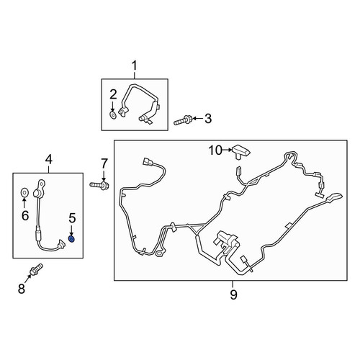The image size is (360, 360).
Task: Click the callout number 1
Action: point(135,66)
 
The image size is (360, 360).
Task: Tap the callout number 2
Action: point(113,94)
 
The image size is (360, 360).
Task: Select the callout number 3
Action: point(208,119)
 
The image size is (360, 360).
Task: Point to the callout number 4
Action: point(49,160)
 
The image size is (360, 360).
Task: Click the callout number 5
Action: point(72,218)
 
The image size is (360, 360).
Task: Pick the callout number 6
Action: point(25,215)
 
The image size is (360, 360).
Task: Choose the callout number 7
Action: point(104,164)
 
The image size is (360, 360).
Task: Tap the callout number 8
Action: point(22,288)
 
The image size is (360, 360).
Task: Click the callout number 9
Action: point(233,294)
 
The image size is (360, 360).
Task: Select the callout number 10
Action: point(215,150)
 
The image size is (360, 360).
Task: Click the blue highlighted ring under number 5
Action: point(71,239)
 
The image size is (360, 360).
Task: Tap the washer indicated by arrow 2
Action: point(113,115)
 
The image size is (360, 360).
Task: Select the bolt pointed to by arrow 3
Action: point(182,120)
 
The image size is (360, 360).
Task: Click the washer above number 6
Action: point(24,192)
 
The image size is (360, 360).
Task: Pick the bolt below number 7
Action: point(99,185)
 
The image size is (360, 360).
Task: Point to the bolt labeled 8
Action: point(37,269)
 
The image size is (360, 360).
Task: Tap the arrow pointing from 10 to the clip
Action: point(228,150)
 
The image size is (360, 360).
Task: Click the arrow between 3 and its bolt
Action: point(197,119)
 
